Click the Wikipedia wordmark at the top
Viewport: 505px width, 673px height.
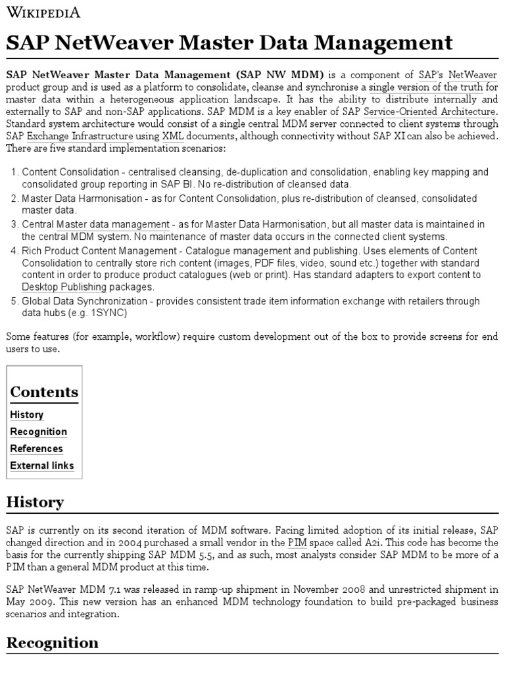point(43,12)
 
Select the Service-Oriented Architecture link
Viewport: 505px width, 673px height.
point(430,112)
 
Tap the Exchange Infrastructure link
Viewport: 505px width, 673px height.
point(80,136)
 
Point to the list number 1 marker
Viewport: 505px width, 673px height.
point(14,172)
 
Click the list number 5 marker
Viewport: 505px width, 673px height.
point(14,301)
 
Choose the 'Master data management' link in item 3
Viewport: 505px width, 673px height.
point(112,225)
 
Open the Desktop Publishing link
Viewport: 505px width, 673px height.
point(64,287)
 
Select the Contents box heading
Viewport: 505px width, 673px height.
point(44,392)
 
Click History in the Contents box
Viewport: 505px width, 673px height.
point(27,415)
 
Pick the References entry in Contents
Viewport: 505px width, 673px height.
point(36,449)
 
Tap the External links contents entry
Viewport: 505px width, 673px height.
point(42,466)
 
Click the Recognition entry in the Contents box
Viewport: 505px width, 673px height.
point(38,432)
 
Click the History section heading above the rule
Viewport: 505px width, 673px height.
point(35,502)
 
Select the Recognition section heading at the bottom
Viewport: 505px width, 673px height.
point(52,643)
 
